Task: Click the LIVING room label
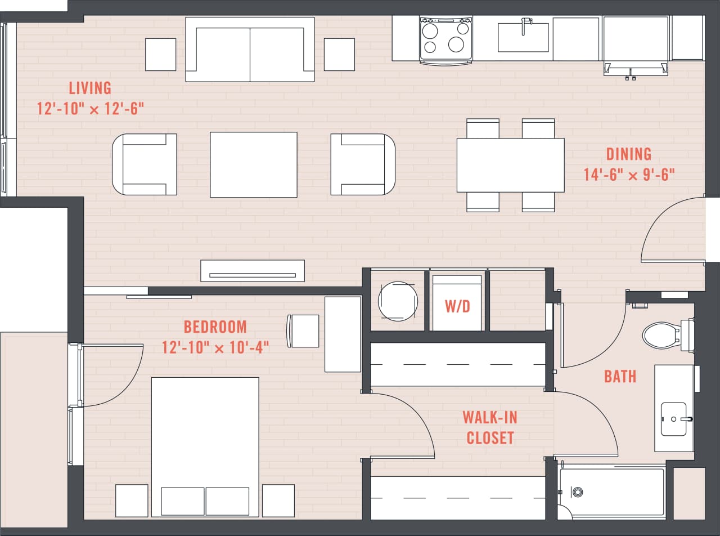click(x=90, y=88)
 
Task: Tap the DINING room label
click(x=628, y=154)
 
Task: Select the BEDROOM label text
click(x=215, y=327)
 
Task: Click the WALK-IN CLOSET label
click(x=489, y=427)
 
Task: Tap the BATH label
click(x=620, y=376)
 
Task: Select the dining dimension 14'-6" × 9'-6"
click(x=628, y=175)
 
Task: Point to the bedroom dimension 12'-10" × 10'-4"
click(x=215, y=347)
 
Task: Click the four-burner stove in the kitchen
click(x=445, y=38)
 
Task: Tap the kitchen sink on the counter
click(x=523, y=37)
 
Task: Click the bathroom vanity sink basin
click(x=673, y=419)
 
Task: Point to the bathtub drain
click(x=577, y=492)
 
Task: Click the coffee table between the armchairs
click(x=253, y=164)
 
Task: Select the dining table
click(x=510, y=165)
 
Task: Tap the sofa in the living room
click(x=250, y=50)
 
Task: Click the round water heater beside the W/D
click(x=398, y=301)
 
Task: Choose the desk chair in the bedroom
click(x=303, y=330)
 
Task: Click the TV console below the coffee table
click(x=253, y=271)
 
